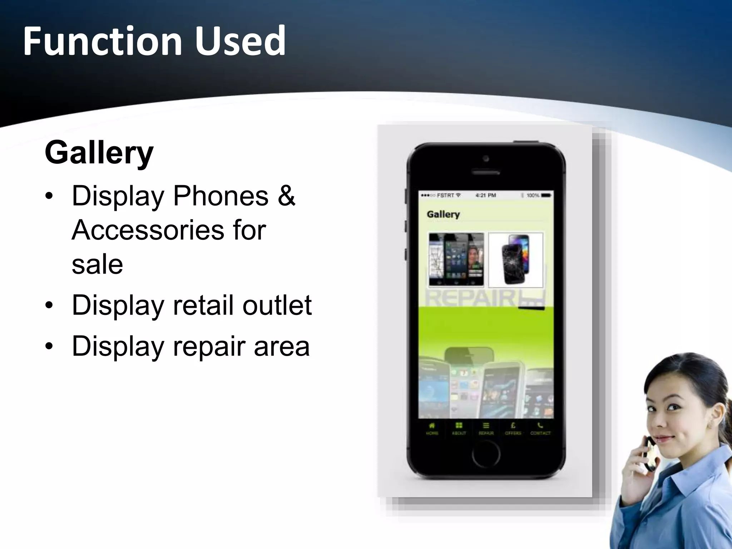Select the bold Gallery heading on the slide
(x=99, y=153)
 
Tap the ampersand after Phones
(x=286, y=196)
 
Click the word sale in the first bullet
(x=97, y=264)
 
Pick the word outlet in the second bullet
(x=277, y=305)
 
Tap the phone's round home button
(x=486, y=454)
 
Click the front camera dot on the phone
(x=486, y=158)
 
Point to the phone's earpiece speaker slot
(x=486, y=173)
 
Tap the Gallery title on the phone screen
(x=443, y=214)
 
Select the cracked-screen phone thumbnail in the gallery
(x=515, y=260)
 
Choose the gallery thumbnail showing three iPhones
(x=456, y=260)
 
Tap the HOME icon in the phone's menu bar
(x=432, y=428)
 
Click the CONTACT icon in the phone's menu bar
(x=540, y=428)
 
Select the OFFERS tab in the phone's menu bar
(x=513, y=428)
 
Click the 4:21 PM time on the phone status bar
(x=485, y=196)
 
